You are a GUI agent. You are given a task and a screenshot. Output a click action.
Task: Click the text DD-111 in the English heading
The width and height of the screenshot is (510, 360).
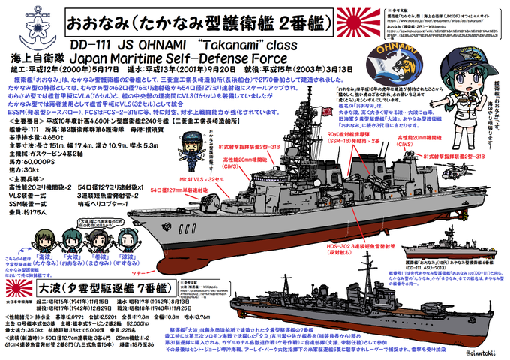point(98,44)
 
